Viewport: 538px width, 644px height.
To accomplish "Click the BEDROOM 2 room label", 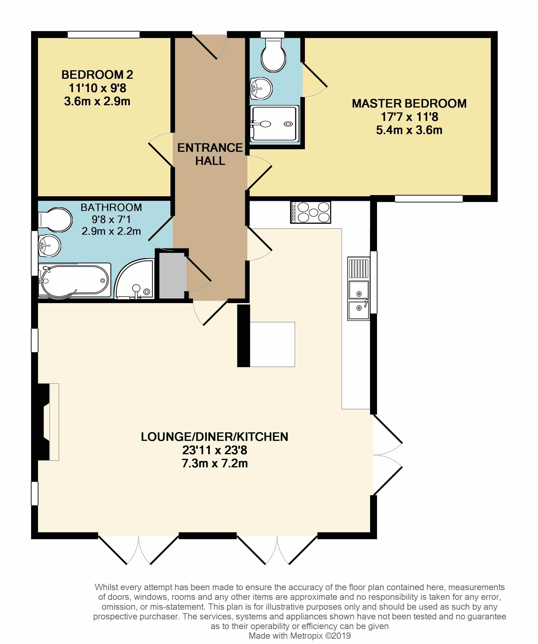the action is coord(97,75).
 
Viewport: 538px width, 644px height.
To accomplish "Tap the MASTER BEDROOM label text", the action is coord(409,103).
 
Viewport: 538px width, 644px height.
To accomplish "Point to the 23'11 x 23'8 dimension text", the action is coord(215,450).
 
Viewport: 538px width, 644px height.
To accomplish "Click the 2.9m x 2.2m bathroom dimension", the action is coord(111,231).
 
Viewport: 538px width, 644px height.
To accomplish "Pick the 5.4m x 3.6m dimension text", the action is coord(409,130).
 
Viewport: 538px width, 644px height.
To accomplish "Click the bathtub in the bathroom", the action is coord(74,280).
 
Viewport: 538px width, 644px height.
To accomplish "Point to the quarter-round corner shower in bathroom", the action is coord(134,279).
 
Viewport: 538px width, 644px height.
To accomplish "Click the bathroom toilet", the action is coord(55,220).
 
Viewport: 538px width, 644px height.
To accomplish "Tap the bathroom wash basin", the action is coord(49,246).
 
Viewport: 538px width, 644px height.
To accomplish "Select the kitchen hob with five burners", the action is coord(310,212).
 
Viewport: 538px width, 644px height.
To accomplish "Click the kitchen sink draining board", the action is coord(358,268).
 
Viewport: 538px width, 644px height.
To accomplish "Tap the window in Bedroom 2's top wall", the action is coord(104,34).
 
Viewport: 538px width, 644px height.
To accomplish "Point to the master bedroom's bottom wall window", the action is coord(429,199).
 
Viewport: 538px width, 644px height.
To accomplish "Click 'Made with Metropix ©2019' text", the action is coord(299,636).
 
